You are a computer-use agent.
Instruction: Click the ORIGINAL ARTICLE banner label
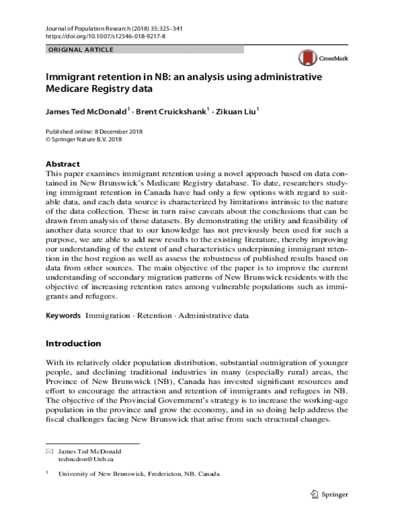(x=80, y=50)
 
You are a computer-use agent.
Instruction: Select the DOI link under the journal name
(x=105, y=37)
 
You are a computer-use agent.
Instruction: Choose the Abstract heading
(x=63, y=164)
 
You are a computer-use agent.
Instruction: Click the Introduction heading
(x=73, y=343)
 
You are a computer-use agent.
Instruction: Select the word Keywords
(x=63, y=316)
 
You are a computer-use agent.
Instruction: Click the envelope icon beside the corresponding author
(x=49, y=451)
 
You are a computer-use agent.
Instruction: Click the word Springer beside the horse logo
(x=335, y=494)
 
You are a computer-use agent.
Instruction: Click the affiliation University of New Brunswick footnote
(x=139, y=474)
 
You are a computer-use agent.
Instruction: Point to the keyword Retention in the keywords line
(x=154, y=316)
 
